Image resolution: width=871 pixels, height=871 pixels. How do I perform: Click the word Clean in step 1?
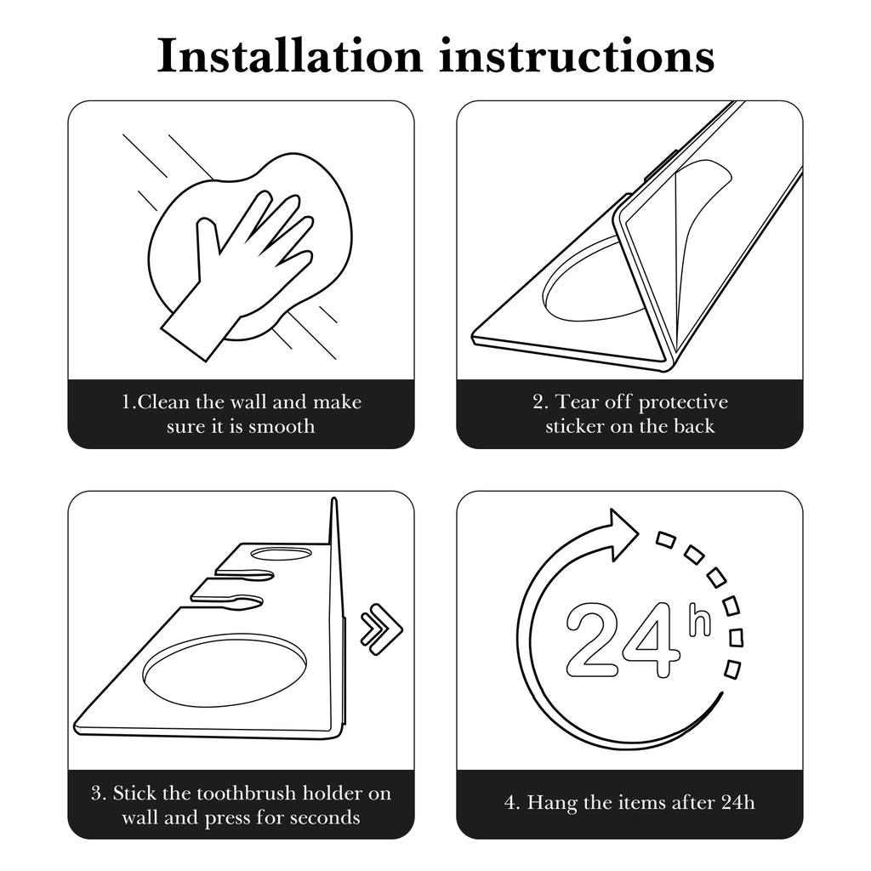(163, 401)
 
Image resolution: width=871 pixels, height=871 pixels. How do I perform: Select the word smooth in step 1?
(282, 427)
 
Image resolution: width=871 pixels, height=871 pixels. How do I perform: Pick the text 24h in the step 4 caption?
(738, 802)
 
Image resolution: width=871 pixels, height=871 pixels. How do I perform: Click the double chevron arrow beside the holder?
(382, 629)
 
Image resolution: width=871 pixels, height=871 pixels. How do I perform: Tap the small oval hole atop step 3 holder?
(281, 553)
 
